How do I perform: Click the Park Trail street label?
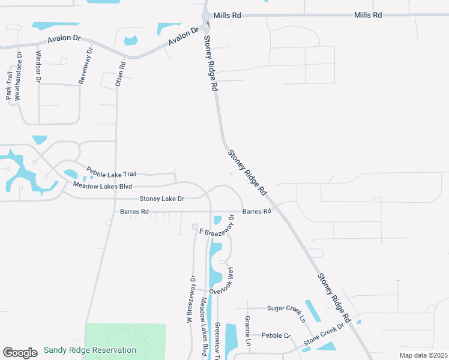10,85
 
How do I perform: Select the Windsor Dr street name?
38,66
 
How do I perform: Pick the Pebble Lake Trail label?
111,173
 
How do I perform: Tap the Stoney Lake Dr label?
161,199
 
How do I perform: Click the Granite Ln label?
247,329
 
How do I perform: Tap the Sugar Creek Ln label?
286,312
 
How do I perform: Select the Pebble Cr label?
276,335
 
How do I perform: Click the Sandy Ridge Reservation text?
90,350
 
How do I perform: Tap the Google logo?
20,352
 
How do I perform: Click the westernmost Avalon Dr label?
63,38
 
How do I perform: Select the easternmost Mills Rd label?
368,15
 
